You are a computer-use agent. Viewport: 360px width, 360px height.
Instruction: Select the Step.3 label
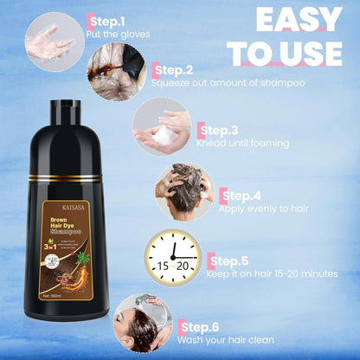(x=218, y=131)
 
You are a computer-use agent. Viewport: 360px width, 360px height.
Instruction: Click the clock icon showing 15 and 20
(x=171, y=257)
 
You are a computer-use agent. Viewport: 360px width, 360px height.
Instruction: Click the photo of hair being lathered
(x=183, y=192)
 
